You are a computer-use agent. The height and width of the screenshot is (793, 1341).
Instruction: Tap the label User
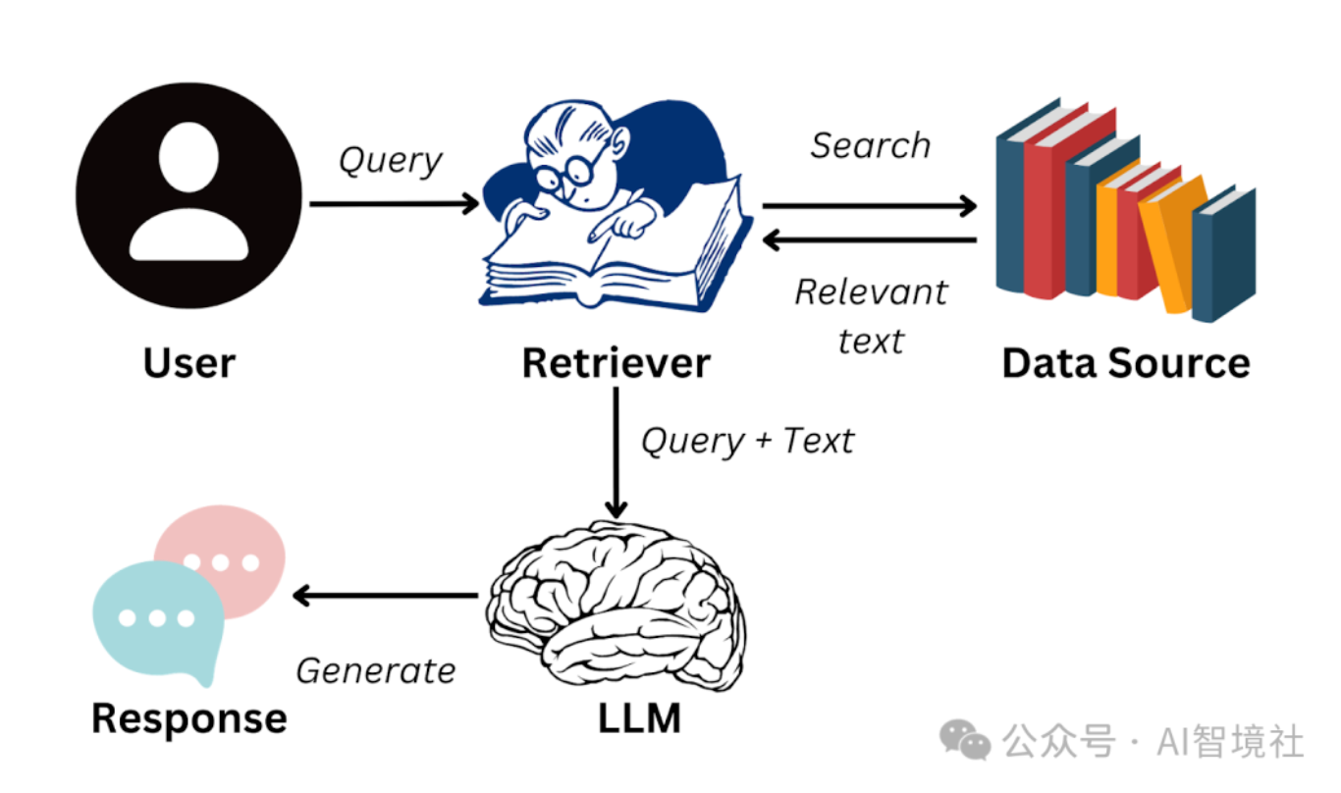pyautogui.click(x=188, y=363)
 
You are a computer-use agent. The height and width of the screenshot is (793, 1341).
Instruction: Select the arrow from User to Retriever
pyautogui.click(x=393, y=204)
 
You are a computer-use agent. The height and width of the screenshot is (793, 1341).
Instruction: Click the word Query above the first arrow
pyautogui.click(x=391, y=160)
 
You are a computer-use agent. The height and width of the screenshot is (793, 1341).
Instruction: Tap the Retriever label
pyautogui.click(x=616, y=363)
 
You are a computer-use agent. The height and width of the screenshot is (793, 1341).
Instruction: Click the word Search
pyautogui.click(x=870, y=146)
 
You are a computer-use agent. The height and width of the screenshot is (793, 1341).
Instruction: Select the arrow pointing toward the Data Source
pyautogui.click(x=869, y=206)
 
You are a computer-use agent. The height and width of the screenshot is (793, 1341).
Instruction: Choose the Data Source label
pyautogui.click(x=1125, y=363)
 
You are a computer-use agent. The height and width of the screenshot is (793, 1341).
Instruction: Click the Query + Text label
pyautogui.click(x=747, y=441)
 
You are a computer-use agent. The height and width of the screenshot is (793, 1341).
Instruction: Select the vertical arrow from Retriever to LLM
pyautogui.click(x=616, y=451)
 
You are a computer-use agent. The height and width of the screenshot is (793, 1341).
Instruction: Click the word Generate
pyautogui.click(x=376, y=671)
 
